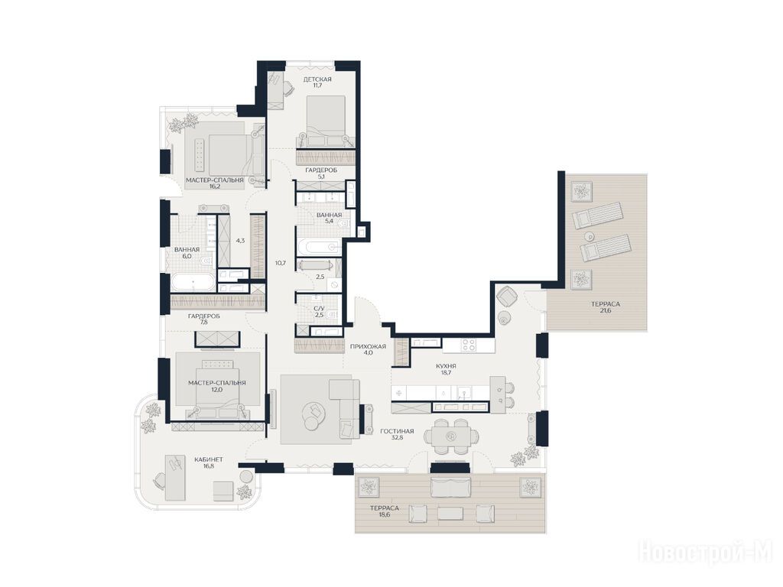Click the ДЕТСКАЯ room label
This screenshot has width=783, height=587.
(x=317, y=79)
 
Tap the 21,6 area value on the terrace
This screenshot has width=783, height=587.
(x=606, y=310)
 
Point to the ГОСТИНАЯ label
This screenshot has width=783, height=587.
(x=397, y=431)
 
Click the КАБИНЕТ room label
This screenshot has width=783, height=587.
(x=206, y=459)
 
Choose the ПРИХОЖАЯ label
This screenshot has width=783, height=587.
(x=368, y=346)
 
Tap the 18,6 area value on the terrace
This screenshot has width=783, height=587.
(x=385, y=514)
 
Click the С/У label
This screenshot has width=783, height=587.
(x=319, y=309)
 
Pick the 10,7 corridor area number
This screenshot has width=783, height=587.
(x=280, y=263)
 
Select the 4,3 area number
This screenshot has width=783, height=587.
(x=240, y=240)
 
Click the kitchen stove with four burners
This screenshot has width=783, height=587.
(x=469, y=345)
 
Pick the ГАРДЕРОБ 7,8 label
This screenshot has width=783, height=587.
(x=203, y=319)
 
